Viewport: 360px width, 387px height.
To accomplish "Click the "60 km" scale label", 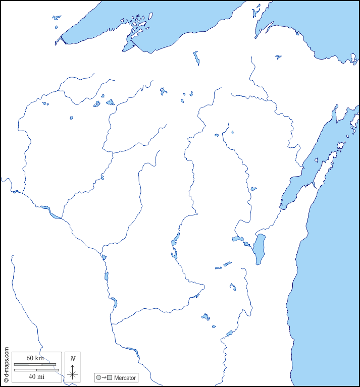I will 35,358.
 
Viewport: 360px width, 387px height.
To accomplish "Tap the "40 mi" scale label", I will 35,376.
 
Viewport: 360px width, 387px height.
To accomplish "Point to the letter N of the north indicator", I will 73,359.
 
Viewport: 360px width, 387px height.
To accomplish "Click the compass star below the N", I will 73,374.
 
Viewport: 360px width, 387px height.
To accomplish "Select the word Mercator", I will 125,378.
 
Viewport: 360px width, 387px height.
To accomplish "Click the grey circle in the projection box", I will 98,378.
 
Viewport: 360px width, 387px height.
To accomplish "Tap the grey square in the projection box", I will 109,378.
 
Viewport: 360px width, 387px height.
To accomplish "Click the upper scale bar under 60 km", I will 35,364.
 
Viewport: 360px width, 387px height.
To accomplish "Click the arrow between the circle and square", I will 104,378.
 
